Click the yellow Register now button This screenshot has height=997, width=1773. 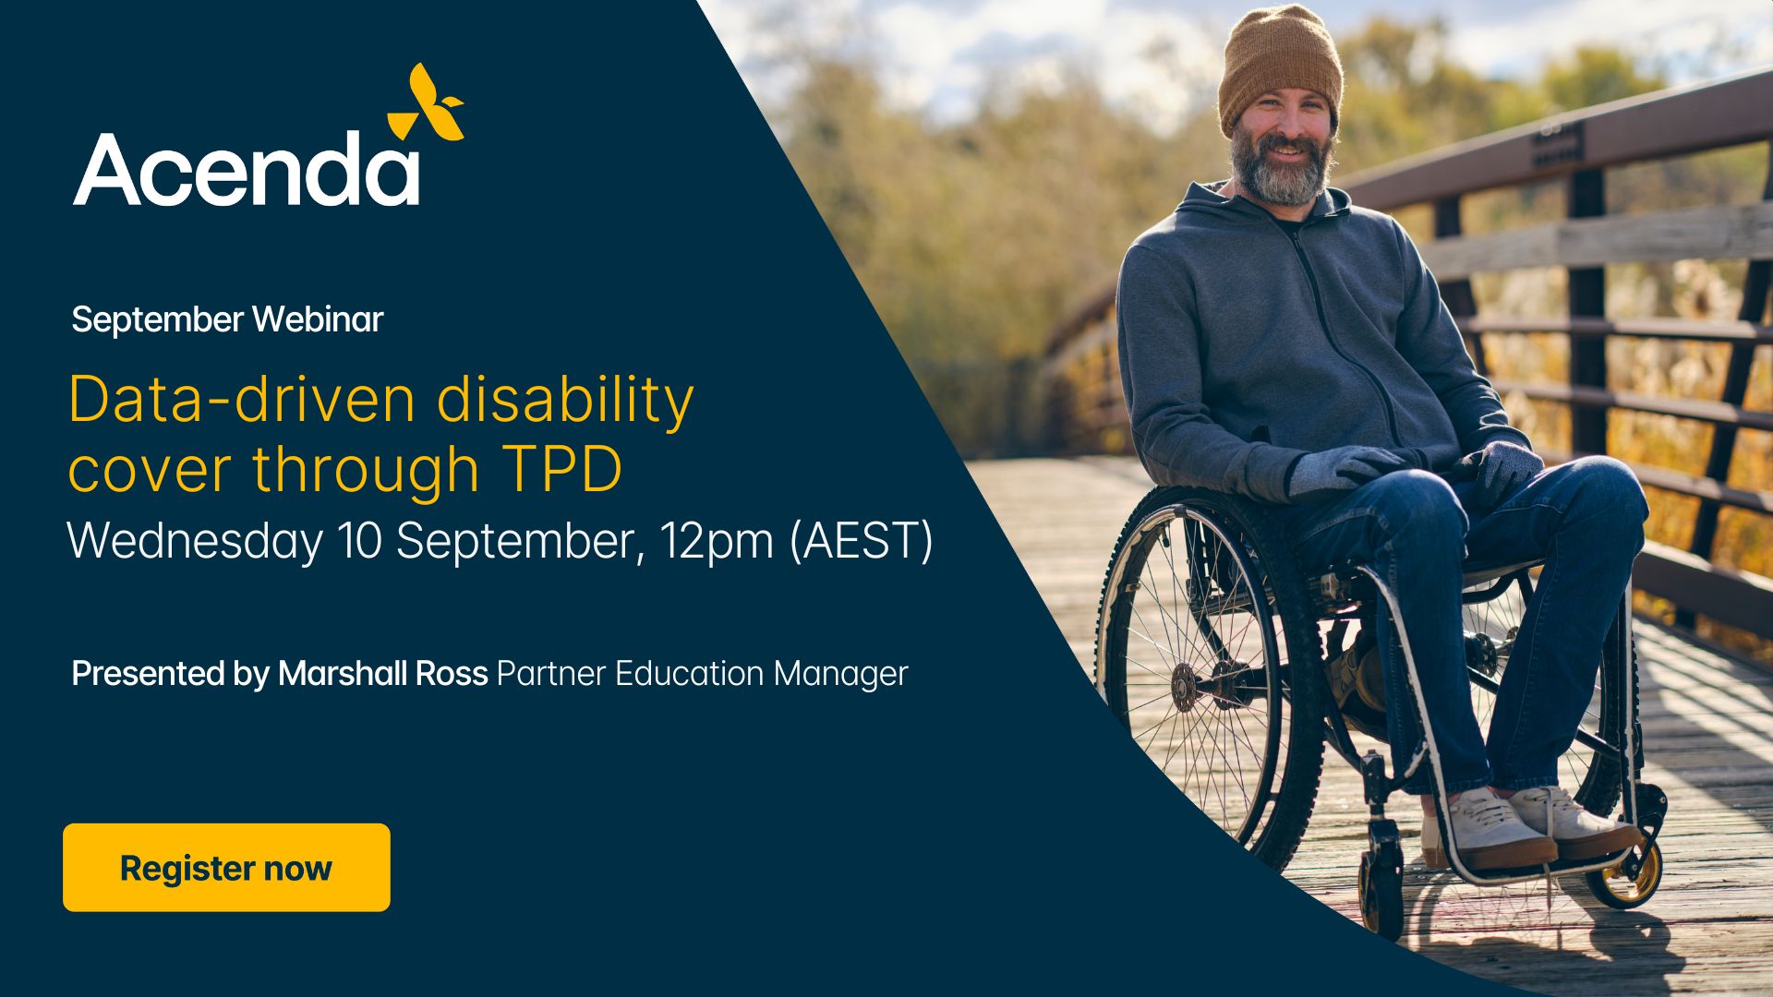[226, 868]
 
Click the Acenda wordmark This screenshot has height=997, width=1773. [247, 169]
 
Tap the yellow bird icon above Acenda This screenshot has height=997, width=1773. [426, 102]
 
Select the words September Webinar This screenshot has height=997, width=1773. [227, 319]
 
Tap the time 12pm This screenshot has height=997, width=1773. [717, 542]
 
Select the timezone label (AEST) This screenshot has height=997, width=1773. [862, 542]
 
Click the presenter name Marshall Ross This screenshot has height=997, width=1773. [382, 674]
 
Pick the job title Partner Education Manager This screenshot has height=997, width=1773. [703, 674]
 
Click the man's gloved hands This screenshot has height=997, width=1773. [1413, 468]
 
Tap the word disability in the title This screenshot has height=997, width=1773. [565, 401]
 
